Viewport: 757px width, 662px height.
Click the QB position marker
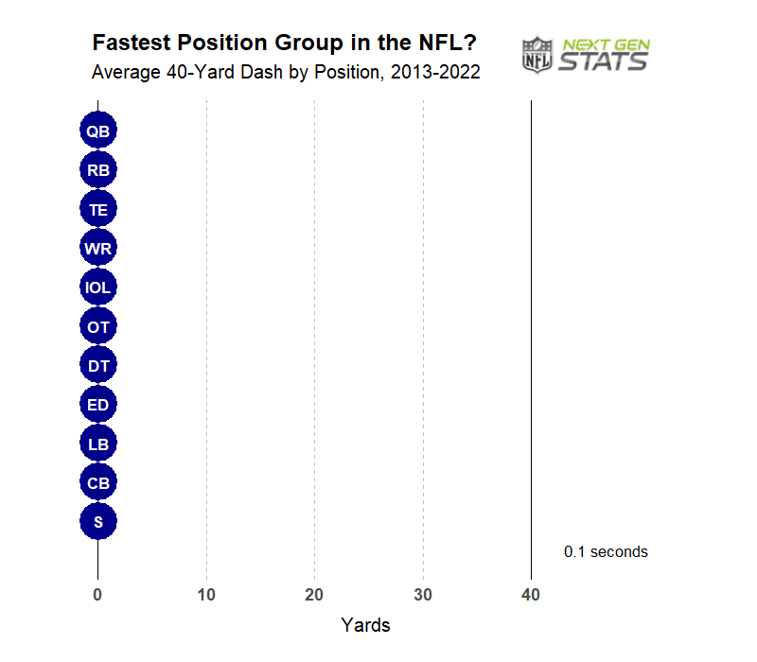click(x=97, y=131)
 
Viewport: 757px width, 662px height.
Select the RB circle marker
click(x=97, y=170)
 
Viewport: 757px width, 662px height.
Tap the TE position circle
click(x=97, y=209)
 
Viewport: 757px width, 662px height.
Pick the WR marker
click(x=97, y=249)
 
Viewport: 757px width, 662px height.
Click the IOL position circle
click(x=97, y=287)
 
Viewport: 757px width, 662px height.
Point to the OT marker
click(x=97, y=326)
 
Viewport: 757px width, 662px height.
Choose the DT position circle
click(x=97, y=365)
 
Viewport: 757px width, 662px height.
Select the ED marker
click(x=97, y=405)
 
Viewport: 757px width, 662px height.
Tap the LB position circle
click(x=97, y=444)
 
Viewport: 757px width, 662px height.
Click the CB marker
click(x=97, y=482)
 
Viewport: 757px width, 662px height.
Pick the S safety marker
click(x=97, y=521)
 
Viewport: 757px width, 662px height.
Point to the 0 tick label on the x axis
click(x=97, y=595)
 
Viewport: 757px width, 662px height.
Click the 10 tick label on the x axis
click(x=206, y=595)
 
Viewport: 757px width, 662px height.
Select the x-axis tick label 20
click(x=314, y=595)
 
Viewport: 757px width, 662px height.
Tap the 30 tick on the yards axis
click(x=423, y=595)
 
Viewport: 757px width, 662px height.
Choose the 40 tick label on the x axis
click(x=531, y=595)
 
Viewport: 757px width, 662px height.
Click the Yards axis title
click(x=365, y=625)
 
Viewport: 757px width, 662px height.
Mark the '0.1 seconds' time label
click(x=606, y=551)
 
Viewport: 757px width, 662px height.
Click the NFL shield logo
click(x=537, y=55)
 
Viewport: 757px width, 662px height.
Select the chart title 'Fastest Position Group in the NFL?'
click(x=284, y=44)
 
